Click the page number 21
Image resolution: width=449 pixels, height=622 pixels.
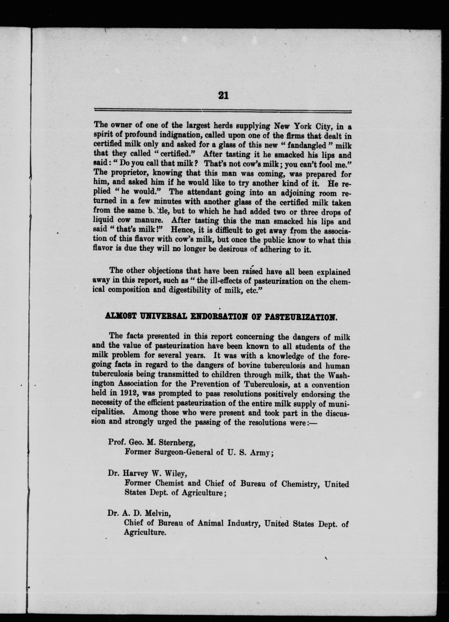click(223, 95)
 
